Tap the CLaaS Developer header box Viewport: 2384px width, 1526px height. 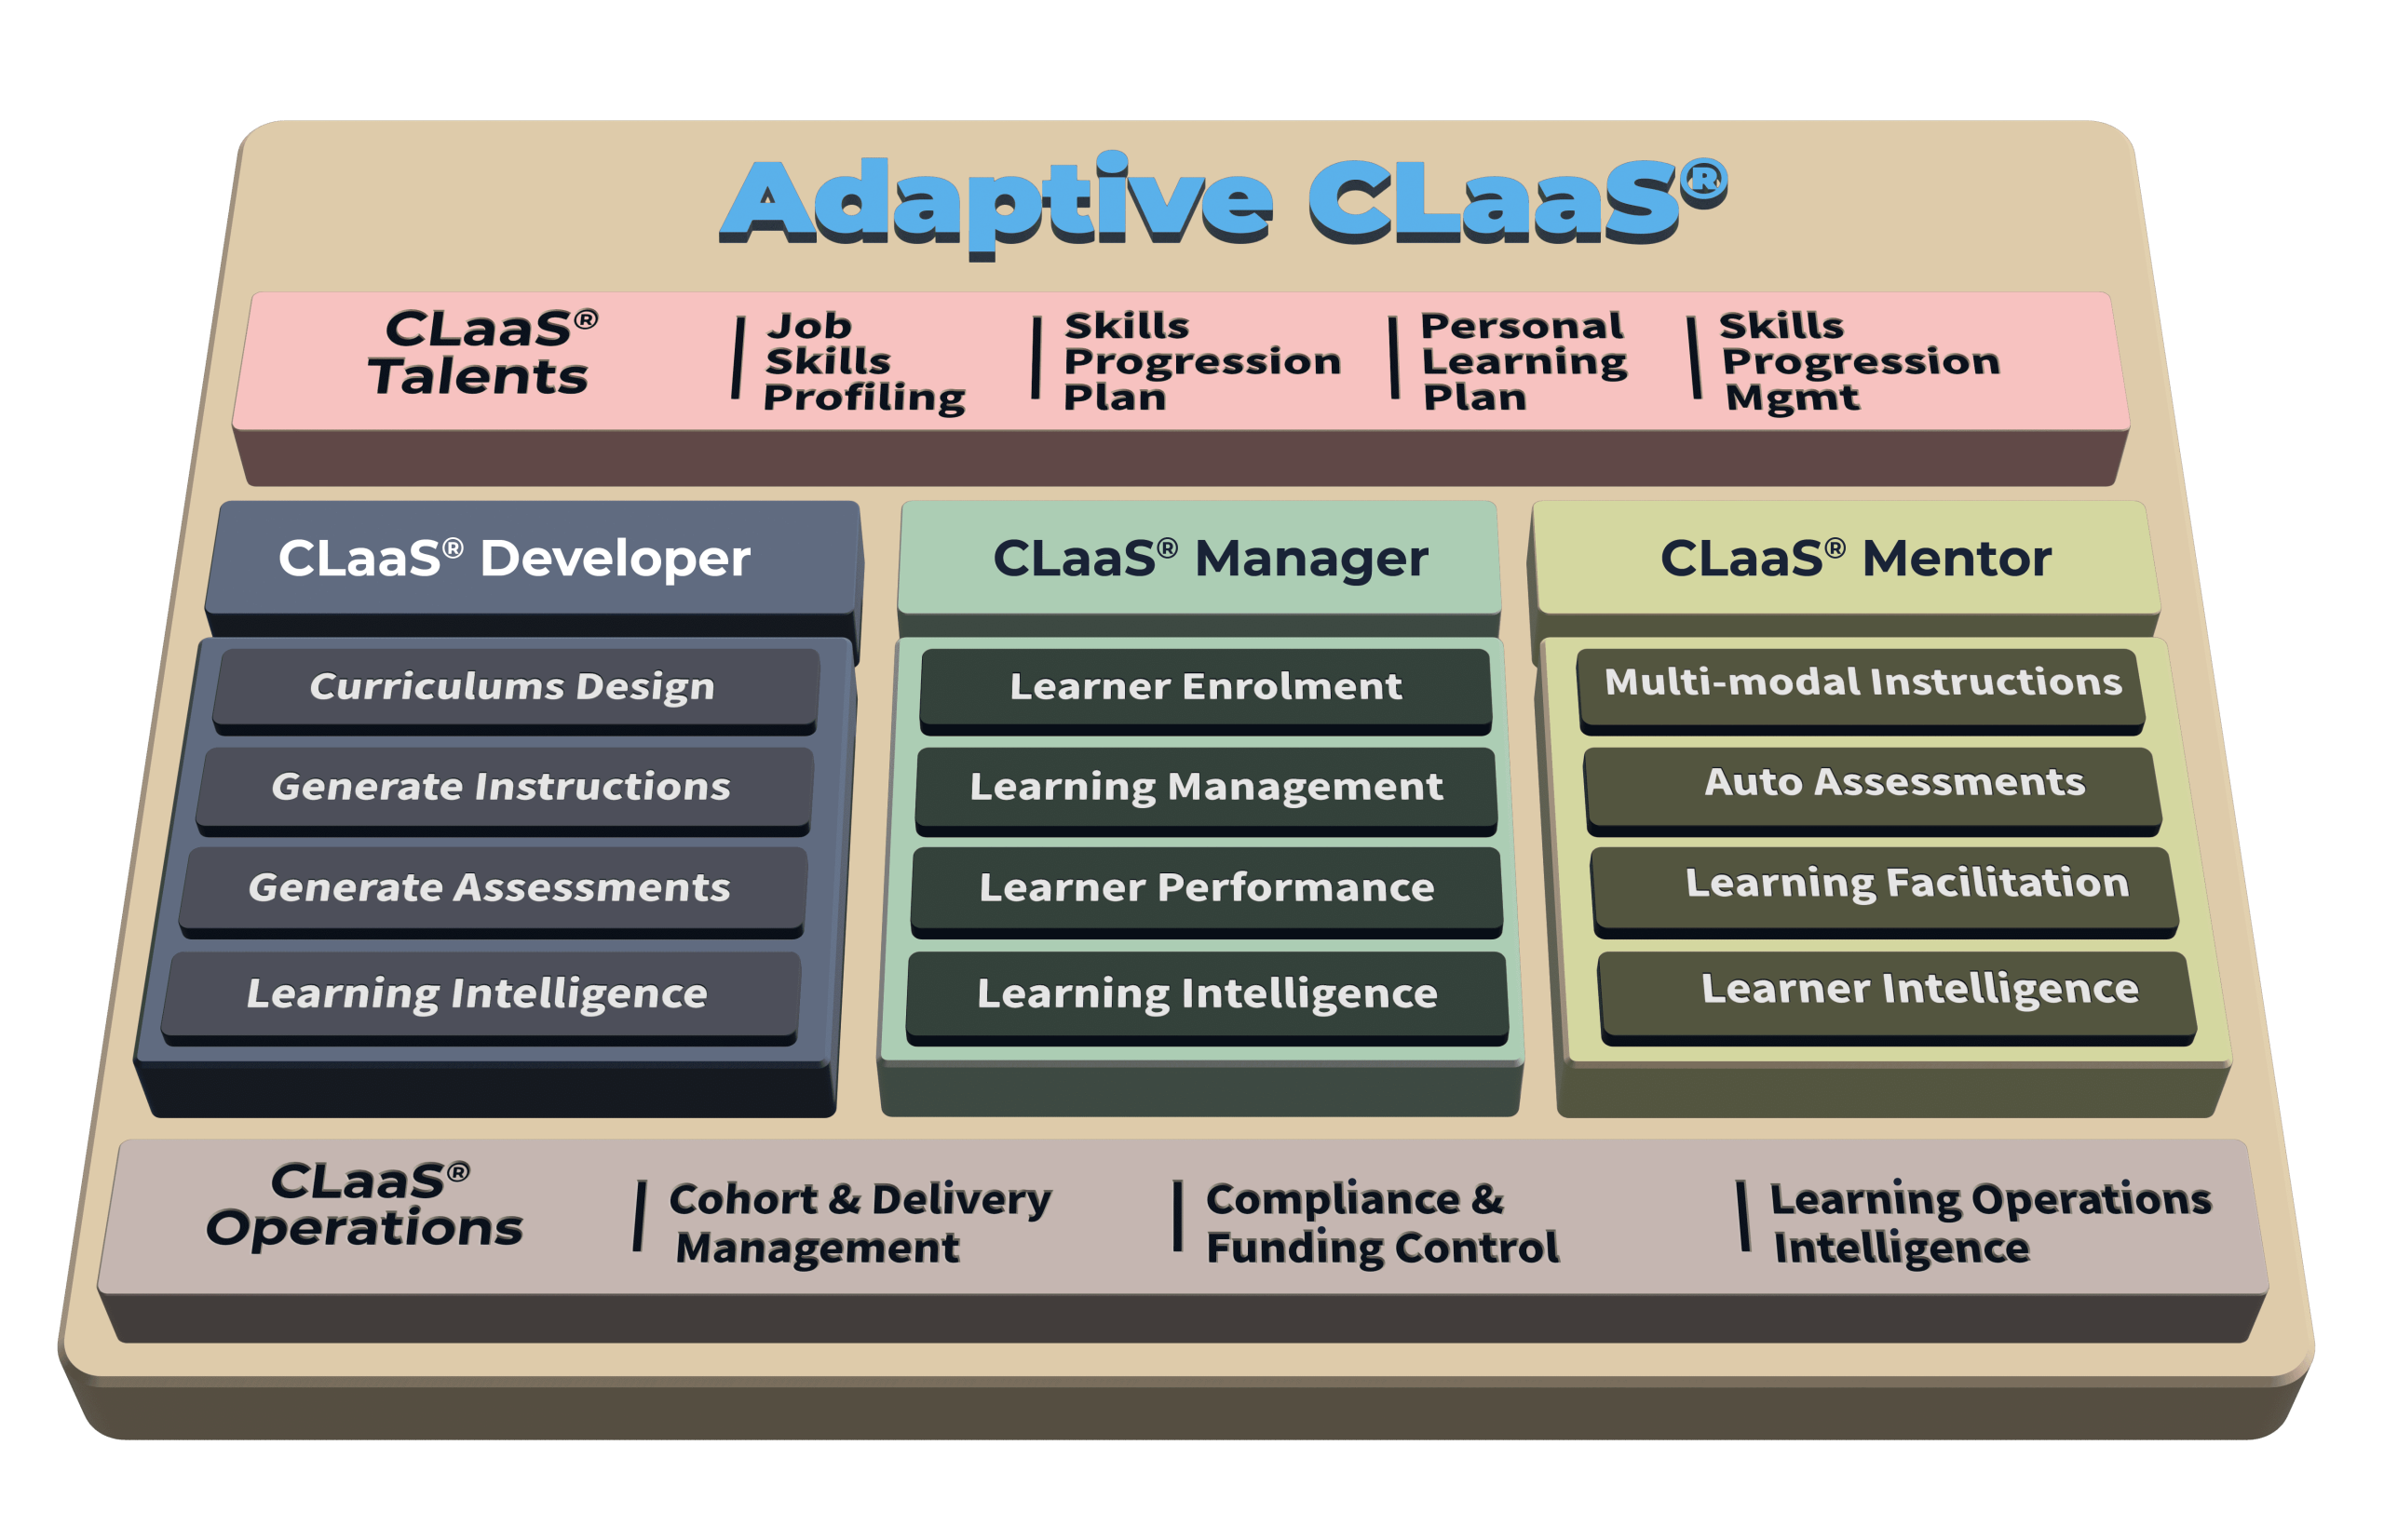515,558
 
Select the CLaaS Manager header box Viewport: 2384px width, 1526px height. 1210,558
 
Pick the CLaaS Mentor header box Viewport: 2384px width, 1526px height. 1855,558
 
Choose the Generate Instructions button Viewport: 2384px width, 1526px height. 501,787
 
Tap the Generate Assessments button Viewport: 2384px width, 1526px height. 490,888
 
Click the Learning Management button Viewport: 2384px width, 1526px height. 1206,787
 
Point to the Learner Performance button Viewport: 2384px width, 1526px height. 1206,888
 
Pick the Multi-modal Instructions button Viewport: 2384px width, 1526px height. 1862,682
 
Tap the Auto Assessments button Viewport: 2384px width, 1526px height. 1893,783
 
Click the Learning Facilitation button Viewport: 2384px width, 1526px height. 1906,883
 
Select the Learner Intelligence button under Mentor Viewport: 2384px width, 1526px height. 1919,989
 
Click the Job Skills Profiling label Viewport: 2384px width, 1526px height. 862,361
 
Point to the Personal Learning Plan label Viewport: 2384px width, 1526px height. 1523,361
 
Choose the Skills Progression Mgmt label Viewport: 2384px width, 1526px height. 1859,361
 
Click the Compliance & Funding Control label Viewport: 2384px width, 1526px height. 1381,1222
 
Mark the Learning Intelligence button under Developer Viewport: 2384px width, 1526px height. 478,993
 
